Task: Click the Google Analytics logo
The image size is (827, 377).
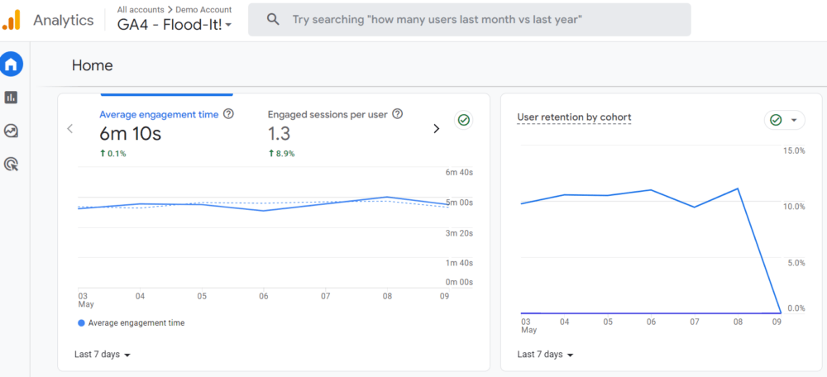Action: [x=12, y=20]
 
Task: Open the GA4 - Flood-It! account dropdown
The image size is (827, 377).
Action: [x=174, y=25]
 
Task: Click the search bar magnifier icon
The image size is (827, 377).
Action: [x=273, y=19]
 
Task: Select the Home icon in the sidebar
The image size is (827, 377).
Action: [x=12, y=64]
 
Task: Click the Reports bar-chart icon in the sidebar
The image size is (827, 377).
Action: [x=12, y=98]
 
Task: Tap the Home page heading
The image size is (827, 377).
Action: [x=93, y=65]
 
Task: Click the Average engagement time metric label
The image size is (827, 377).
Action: [x=159, y=115]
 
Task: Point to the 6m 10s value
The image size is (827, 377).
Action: [x=130, y=134]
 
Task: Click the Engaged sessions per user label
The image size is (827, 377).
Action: [x=327, y=115]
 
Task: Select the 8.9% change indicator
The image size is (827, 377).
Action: [x=282, y=154]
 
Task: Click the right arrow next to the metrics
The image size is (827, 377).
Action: [x=437, y=128]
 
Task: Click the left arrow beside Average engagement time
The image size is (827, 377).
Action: [x=70, y=128]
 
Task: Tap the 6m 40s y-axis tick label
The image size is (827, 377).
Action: [x=459, y=173]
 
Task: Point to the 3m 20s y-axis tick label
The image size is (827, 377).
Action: [x=459, y=233]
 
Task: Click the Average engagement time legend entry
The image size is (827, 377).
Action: [x=132, y=323]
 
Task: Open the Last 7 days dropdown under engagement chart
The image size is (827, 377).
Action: [x=103, y=355]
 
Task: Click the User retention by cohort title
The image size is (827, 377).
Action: [x=574, y=117]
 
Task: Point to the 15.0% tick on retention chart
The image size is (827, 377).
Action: [x=794, y=150]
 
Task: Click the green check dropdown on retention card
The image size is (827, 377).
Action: [x=785, y=121]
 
